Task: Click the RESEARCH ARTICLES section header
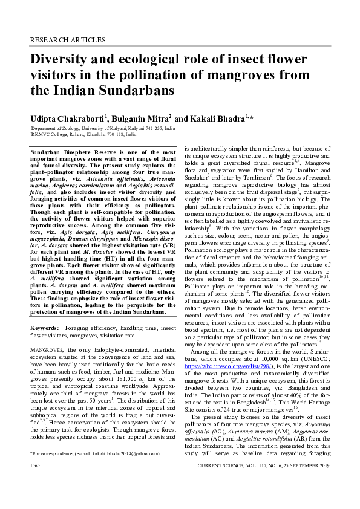(x=67, y=40)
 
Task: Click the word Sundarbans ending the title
(x=128, y=91)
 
